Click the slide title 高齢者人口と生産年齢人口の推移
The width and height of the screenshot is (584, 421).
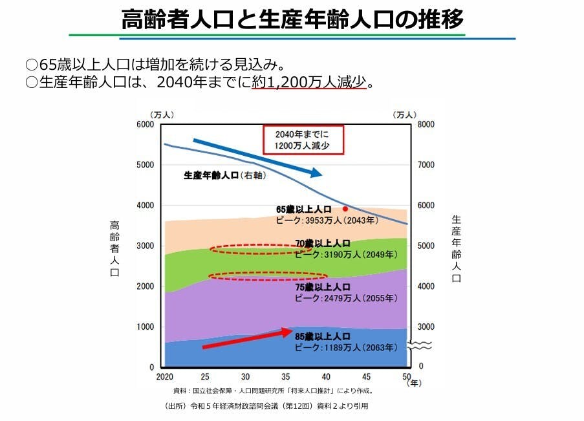pyautogui.click(x=292, y=19)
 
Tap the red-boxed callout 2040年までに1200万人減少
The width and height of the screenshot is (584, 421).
pyautogui.click(x=302, y=140)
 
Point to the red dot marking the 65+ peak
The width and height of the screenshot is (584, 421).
pyautogui.click(x=345, y=209)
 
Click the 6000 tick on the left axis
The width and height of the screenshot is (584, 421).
pyautogui.click(x=146, y=124)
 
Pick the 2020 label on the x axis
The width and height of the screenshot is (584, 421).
pyautogui.click(x=164, y=376)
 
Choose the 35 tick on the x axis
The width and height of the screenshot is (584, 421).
pyautogui.click(x=286, y=376)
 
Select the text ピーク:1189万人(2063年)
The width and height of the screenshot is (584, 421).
pyautogui.click(x=345, y=347)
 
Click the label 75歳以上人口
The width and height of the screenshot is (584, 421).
pyautogui.click(x=323, y=287)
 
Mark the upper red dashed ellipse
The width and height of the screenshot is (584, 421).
pyautogui.click(x=261, y=250)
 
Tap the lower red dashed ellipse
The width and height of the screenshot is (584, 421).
pyautogui.click(x=268, y=276)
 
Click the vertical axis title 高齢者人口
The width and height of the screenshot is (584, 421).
pyautogui.click(x=114, y=249)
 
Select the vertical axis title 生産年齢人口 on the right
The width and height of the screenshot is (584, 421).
pyautogui.click(x=455, y=249)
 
